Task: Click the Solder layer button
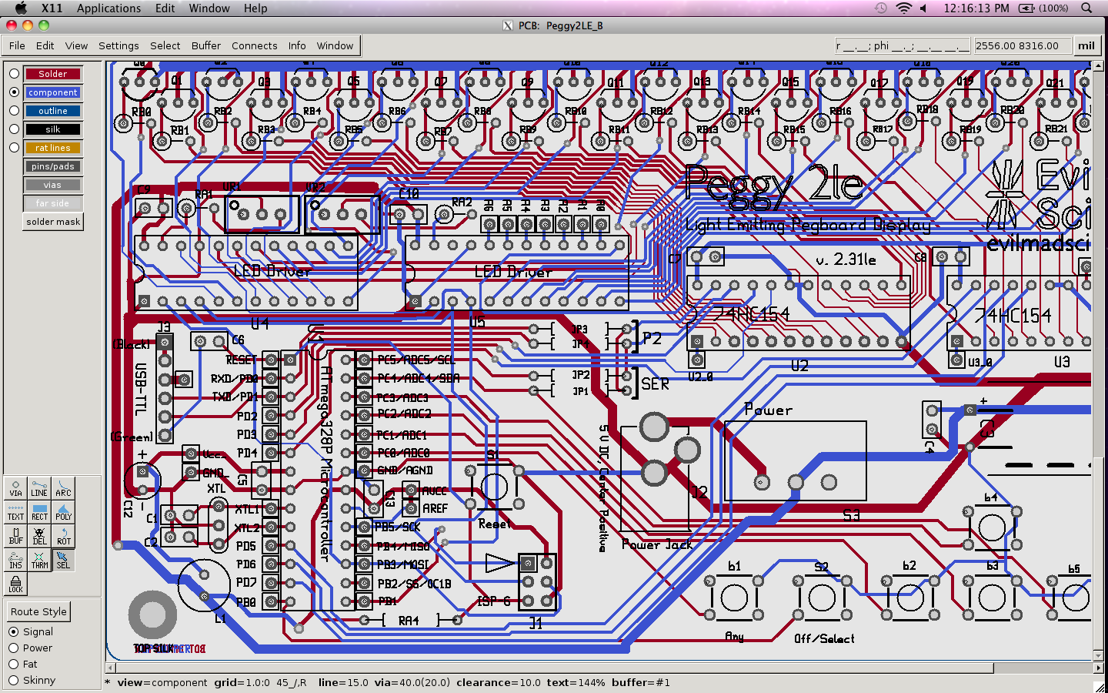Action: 52,74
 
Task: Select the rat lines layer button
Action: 52,148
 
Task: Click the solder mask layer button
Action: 53,222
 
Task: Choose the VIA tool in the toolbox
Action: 15,489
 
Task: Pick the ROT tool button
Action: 63,537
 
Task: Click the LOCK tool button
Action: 15,584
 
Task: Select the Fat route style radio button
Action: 13,664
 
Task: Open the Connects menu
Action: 254,45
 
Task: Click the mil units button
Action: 1086,45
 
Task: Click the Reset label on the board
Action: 494,524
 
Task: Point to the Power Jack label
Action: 657,545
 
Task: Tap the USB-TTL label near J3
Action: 141,389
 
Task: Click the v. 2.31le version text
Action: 846,260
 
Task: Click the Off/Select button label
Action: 824,639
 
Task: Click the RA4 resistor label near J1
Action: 409,621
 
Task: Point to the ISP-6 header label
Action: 494,601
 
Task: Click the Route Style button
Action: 38,611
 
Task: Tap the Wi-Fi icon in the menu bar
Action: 904,8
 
